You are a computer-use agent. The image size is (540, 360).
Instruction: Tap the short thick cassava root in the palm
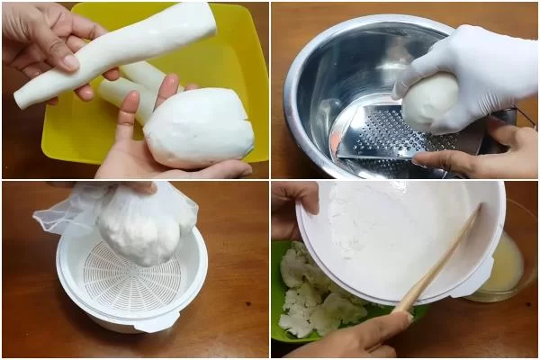point(200,128)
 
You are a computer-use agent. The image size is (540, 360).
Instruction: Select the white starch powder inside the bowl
point(378,225)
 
